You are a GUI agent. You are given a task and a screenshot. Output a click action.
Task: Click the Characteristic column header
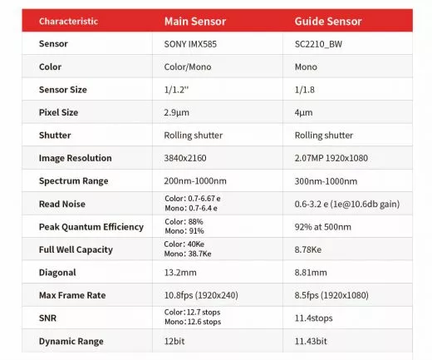[x=68, y=20]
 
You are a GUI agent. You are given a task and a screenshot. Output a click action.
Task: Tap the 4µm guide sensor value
[x=305, y=111]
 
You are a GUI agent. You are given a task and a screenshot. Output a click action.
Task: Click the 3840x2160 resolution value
[x=189, y=158]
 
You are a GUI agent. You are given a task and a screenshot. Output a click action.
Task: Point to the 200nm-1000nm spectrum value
[x=197, y=180]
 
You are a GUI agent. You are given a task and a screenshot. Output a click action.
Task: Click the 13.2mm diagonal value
[x=181, y=272]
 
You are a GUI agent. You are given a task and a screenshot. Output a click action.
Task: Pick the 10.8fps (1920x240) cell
[x=202, y=295]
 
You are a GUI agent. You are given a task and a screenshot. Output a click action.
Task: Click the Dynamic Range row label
[x=72, y=341]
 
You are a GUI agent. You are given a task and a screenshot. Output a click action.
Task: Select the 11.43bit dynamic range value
[x=313, y=341]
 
